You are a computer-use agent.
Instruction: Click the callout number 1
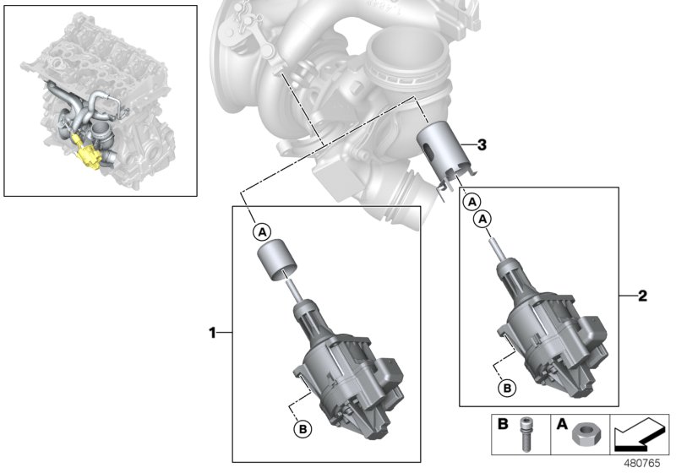click(213, 334)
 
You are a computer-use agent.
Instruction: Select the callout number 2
click(642, 296)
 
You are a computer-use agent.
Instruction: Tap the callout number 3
click(482, 145)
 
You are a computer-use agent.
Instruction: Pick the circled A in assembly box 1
click(261, 231)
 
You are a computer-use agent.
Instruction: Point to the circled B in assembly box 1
click(302, 428)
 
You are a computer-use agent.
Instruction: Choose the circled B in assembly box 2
click(506, 389)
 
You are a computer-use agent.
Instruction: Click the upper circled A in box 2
click(472, 202)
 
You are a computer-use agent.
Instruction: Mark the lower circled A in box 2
click(482, 219)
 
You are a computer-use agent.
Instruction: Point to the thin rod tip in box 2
click(492, 245)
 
